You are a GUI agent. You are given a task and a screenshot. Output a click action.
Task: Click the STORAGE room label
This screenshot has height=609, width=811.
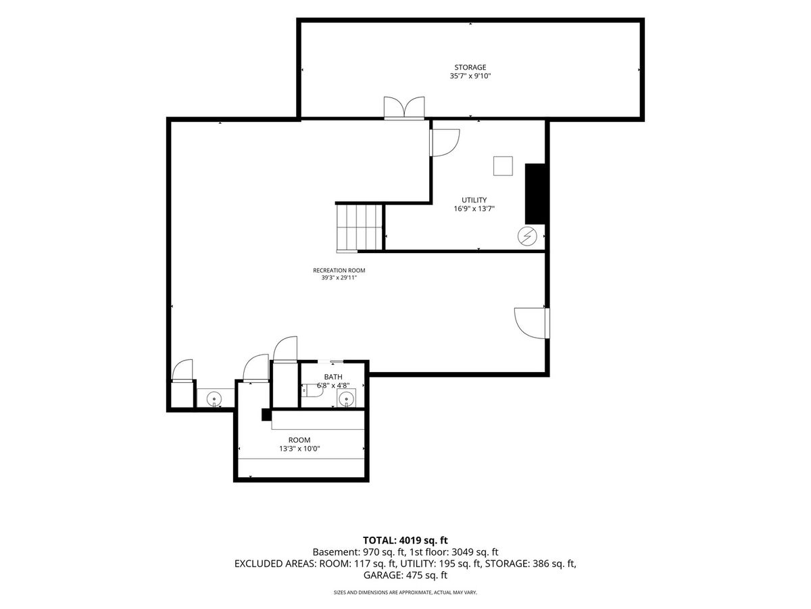(470, 67)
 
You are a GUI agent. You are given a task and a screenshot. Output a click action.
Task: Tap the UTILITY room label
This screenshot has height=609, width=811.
(474, 200)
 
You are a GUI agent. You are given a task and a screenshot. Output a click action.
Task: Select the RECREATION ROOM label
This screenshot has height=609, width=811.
(339, 270)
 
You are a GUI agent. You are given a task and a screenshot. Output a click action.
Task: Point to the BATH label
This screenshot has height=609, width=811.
(333, 377)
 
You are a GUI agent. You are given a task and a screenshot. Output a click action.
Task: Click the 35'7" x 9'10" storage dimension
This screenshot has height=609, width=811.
(470, 76)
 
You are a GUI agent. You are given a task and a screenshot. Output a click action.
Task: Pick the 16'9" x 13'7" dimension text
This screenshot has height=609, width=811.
(474, 208)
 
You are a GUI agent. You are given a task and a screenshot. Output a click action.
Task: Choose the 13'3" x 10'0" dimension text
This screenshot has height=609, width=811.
(299, 449)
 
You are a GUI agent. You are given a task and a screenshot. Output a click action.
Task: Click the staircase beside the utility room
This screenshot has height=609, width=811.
(359, 228)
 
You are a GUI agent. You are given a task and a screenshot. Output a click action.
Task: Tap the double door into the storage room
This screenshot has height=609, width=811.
(404, 108)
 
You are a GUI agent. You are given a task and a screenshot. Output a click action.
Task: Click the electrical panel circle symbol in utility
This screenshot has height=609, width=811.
(527, 236)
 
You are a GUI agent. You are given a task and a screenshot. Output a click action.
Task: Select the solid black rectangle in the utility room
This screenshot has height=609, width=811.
(535, 194)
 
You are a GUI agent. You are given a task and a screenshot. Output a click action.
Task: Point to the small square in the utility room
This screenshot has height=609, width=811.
(503, 166)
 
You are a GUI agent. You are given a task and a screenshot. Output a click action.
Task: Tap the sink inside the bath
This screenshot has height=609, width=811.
(346, 399)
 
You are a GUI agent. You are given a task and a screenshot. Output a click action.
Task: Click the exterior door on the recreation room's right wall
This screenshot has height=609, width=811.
(531, 323)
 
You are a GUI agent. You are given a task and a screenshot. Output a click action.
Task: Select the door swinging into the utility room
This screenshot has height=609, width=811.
(445, 143)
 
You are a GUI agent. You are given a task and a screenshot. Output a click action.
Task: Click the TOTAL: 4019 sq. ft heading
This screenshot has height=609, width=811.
(405, 541)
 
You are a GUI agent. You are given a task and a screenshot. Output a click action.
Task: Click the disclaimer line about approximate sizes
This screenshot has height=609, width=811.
(405, 593)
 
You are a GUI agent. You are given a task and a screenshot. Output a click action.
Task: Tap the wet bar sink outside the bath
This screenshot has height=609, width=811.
(214, 399)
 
